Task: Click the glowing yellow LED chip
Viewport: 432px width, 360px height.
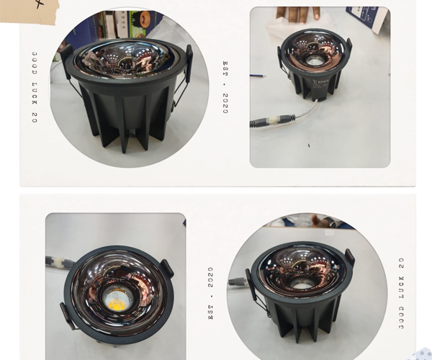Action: pyautogui.click(x=116, y=303)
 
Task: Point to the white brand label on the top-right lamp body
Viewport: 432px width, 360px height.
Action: pyautogui.click(x=321, y=84)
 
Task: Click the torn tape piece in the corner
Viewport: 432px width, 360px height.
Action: pyautogui.click(x=30, y=12)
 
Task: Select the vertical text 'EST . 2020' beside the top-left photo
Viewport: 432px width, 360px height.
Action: pyautogui.click(x=225, y=87)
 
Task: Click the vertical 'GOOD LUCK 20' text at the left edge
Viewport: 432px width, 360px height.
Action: pyautogui.click(x=35, y=87)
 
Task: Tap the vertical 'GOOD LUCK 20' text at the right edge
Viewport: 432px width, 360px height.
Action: pyautogui.click(x=402, y=293)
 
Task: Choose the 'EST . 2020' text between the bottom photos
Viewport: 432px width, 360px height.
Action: pyautogui.click(x=211, y=293)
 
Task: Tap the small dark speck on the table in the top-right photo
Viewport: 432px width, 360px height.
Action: pyautogui.click(x=309, y=145)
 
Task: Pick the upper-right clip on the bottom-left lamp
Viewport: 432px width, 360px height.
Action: pyautogui.click(x=167, y=268)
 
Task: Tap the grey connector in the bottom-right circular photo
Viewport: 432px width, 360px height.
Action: pyautogui.click(x=238, y=282)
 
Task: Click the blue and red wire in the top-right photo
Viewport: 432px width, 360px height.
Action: pyautogui.click(x=258, y=75)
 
